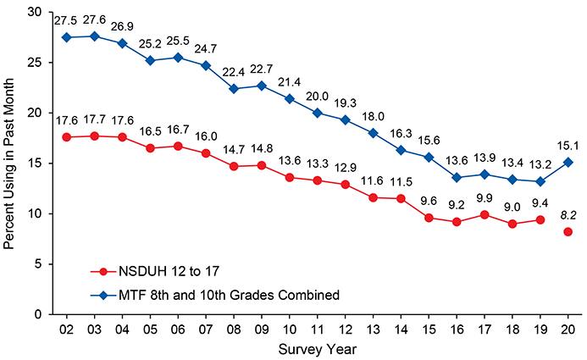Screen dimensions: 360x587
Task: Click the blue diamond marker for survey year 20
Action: [x=567, y=162]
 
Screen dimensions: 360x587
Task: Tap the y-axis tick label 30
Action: [x=34, y=12]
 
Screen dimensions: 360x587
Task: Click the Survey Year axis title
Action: [x=316, y=349]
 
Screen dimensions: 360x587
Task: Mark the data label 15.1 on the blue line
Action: [x=567, y=143]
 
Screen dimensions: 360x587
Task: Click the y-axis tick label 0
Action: [x=37, y=314]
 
